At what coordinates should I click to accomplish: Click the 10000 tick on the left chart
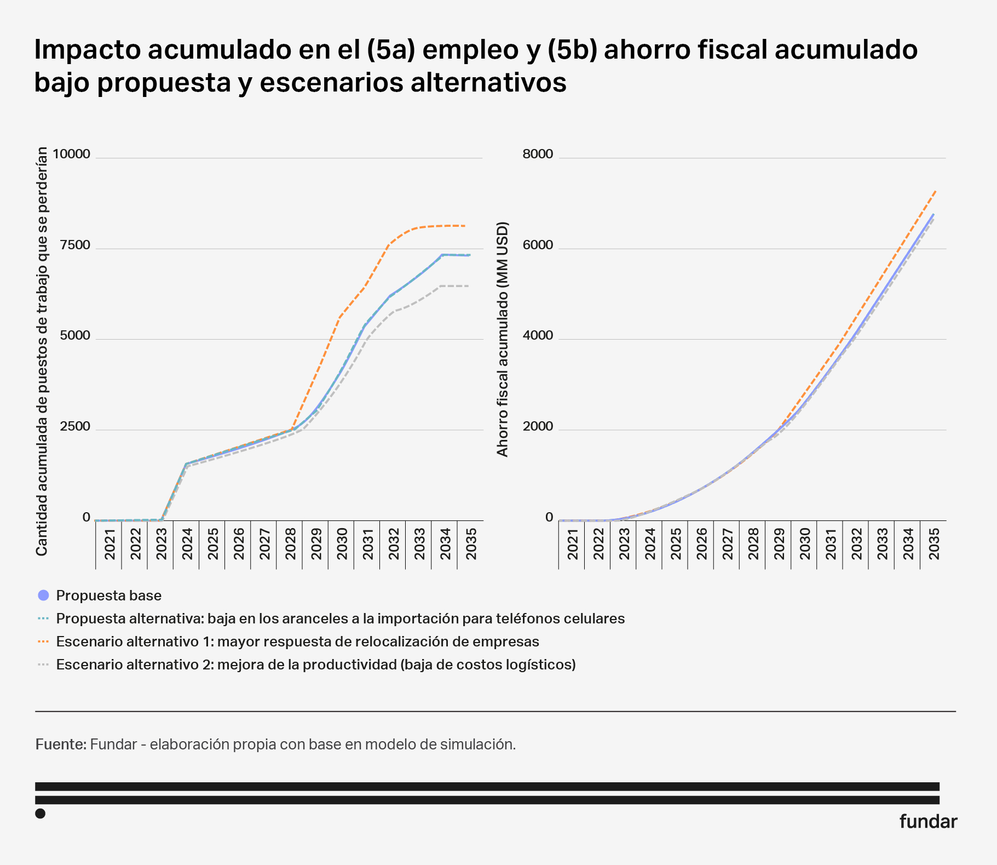(71, 154)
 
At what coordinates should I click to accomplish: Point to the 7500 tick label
(75, 245)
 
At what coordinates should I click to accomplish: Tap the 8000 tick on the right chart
(538, 154)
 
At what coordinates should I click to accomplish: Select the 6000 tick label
(538, 245)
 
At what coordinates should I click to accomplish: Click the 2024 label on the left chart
(187, 544)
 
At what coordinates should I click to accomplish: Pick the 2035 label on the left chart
(471, 544)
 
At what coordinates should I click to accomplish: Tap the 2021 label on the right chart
(573, 544)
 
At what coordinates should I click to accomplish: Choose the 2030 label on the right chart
(805, 544)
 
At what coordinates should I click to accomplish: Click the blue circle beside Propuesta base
(44, 595)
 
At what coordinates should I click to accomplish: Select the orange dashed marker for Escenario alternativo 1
(44, 641)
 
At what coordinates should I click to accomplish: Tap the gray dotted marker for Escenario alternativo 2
(44, 664)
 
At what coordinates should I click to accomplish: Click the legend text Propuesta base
(108, 595)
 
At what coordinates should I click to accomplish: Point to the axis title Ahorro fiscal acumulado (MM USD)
(503, 339)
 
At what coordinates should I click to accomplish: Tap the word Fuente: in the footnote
(61, 744)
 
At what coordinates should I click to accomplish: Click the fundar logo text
(928, 822)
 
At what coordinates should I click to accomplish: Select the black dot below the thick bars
(40, 814)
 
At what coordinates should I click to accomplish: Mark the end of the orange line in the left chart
(465, 226)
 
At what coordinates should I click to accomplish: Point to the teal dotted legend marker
(44, 618)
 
